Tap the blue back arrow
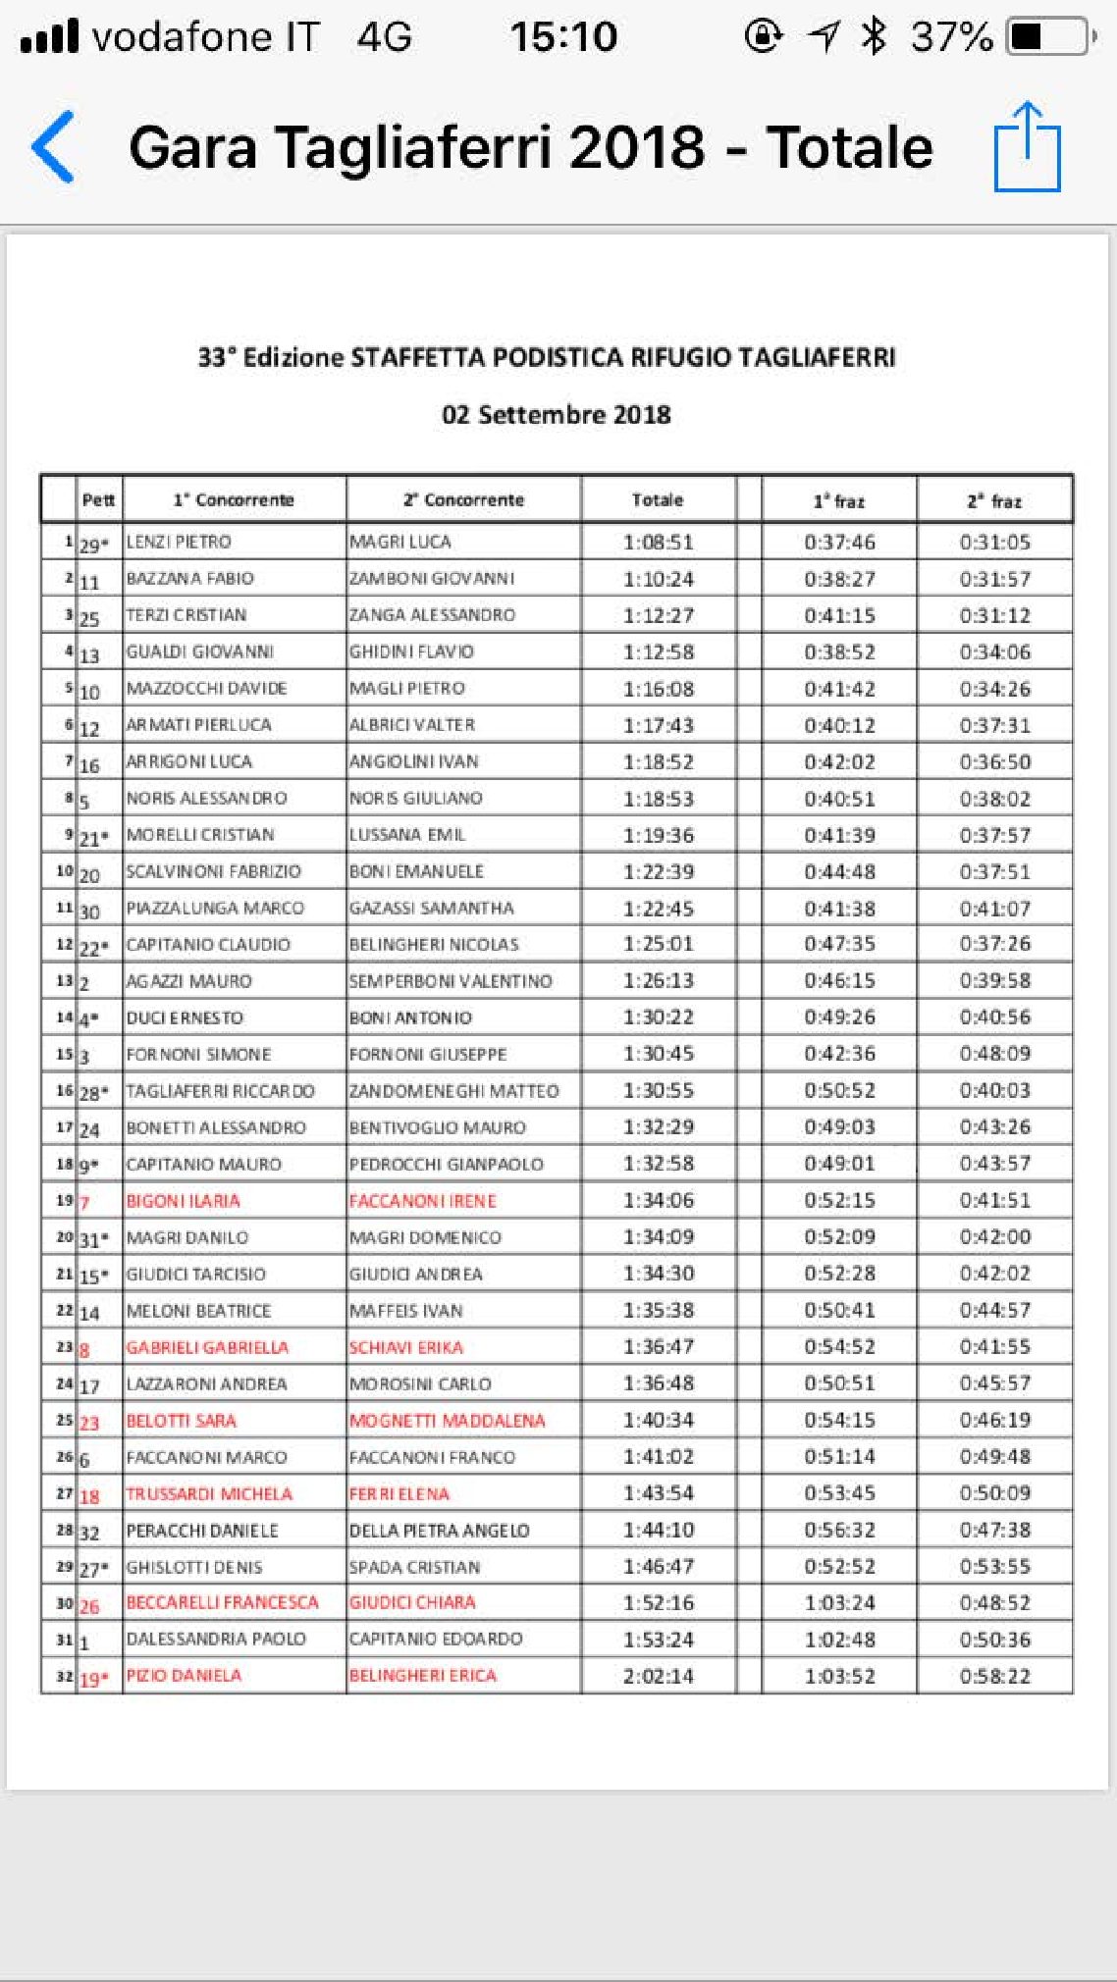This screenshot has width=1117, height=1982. click(x=54, y=147)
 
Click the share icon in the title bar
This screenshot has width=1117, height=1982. click(x=1027, y=147)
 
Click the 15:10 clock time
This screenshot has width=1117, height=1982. click(x=563, y=37)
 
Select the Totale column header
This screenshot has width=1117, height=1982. click(x=657, y=499)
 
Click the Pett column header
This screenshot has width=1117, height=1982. click(x=98, y=499)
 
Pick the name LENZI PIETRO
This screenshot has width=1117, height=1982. click(x=179, y=542)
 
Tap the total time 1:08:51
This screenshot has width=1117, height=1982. click(x=658, y=542)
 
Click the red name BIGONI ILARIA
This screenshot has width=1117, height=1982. click(x=183, y=1201)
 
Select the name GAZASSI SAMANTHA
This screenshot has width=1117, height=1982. click(x=432, y=909)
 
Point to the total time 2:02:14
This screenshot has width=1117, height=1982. click(x=658, y=1677)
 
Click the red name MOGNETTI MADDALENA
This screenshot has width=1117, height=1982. click(x=447, y=1421)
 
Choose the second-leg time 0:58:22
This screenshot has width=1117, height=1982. click(x=994, y=1677)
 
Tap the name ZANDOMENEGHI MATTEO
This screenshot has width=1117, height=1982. click(x=453, y=1091)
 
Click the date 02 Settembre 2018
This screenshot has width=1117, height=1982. click(x=557, y=414)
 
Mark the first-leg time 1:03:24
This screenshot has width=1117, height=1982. click(x=839, y=1603)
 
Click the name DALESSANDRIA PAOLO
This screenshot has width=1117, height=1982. click(x=216, y=1640)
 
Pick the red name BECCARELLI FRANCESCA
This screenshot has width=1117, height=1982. click(x=222, y=1603)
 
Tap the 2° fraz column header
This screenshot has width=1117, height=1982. click(x=994, y=501)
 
